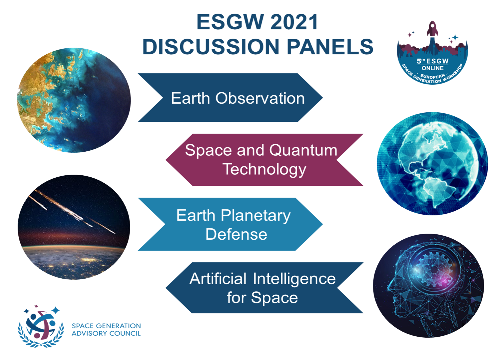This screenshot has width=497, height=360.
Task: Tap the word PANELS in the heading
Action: [x=330, y=47]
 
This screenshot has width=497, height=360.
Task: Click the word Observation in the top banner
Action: [x=260, y=98]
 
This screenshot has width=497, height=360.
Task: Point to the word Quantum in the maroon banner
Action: [x=303, y=150]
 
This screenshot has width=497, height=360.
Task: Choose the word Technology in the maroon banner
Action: [x=264, y=169]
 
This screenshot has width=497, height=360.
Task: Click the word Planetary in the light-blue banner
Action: [x=255, y=216]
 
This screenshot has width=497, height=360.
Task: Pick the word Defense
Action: [x=236, y=234]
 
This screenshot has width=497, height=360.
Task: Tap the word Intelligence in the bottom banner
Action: [x=294, y=279]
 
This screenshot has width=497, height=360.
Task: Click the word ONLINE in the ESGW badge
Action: [x=432, y=68]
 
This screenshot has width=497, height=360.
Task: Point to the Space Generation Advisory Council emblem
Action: [x=41, y=326]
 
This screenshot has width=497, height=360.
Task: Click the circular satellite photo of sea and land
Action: [x=74, y=100]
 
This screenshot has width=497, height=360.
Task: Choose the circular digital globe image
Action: [x=432, y=164]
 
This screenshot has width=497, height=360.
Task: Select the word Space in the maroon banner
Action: [x=209, y=151]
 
